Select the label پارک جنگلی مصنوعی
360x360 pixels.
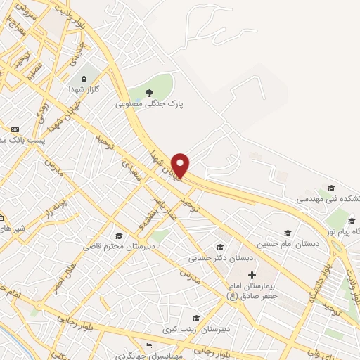149,103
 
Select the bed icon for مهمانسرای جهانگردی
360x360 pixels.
147,345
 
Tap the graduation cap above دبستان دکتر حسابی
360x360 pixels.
220,247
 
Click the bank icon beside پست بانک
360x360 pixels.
15,129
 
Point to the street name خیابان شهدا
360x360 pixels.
163,165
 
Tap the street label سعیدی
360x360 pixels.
131,168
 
